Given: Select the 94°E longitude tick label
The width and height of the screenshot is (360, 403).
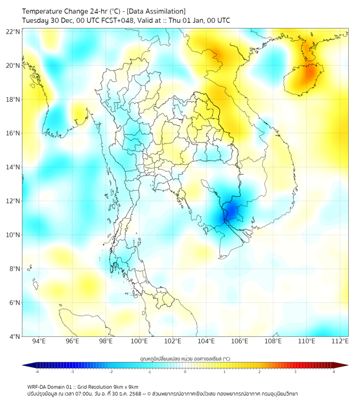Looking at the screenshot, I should tap(39, 341).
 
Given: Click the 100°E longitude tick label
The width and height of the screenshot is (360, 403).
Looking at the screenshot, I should tap(139, 341).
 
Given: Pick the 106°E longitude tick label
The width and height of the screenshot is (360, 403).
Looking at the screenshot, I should tap(240, 341).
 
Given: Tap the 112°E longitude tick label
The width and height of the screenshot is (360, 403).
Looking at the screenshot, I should tap(340, 341).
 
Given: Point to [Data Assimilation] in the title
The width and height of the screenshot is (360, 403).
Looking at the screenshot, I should tap(159, 11).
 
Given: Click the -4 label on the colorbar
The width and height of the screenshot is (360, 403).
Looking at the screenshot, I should tap(36, 372).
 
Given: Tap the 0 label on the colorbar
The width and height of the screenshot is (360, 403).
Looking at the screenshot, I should tap(185, 372).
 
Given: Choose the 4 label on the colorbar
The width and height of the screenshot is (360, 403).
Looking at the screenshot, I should tap(333, 372).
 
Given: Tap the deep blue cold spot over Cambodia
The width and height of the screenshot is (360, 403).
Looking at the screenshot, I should tap(231, 211).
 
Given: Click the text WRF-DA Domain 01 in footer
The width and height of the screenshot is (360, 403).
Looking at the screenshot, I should tap(51, 386).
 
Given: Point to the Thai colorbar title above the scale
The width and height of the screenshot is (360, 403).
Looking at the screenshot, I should tap(185, 358).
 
